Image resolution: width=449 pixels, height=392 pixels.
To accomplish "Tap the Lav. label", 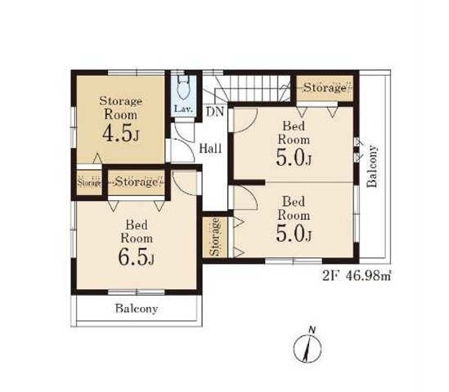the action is pos(183,109).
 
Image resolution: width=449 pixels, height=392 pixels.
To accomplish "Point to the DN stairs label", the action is pos(215,112).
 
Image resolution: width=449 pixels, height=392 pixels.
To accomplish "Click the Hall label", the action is pos(210,149).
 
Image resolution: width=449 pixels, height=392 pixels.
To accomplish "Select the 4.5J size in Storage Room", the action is pos(121,134).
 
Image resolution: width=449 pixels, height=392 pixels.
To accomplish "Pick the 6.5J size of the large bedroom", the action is pos(137,257).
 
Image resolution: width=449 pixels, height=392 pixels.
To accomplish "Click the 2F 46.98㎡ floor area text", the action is pos(357,276).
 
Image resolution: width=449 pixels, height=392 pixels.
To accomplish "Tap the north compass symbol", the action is pos(308,345).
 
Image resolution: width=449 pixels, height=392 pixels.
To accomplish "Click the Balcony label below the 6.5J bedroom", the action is pos(137,309).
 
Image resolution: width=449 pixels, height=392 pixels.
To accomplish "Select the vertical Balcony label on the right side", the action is pos(372,166).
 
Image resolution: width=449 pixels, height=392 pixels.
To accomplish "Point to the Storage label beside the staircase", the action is pos(325,87).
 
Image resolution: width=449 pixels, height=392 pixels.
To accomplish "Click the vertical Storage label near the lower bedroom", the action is pos(215,237).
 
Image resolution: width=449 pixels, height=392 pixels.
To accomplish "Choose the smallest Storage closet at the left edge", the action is pos(89,183).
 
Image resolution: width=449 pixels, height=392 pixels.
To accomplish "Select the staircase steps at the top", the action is pos(253,88).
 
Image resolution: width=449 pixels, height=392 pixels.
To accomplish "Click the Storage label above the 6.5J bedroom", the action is pos(137,182).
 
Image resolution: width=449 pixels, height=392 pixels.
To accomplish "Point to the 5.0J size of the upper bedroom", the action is pos(294,158).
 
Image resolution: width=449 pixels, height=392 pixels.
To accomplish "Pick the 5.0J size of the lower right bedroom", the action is pos(294,234).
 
